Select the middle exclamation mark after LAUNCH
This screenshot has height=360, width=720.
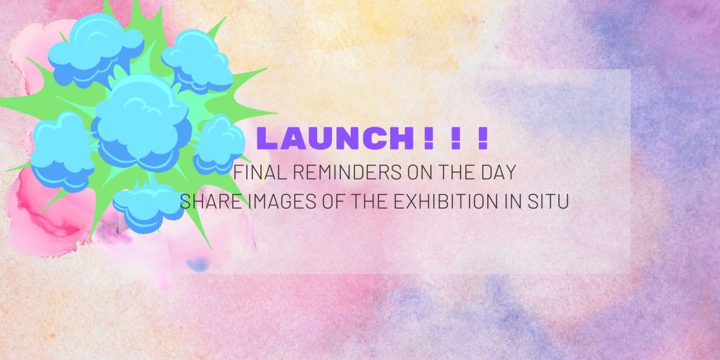click(x=455, y=138)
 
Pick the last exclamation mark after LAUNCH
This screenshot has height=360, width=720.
click(x=482, y=138)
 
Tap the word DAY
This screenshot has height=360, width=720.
click(x=500, y=172)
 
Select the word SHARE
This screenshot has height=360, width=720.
click(x=204, y=202)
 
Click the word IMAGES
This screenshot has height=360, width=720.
click(x=266, y=202)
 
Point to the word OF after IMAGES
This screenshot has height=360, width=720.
click(x=319, y=202)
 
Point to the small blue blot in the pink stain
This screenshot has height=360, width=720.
click(x=198, y=265)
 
